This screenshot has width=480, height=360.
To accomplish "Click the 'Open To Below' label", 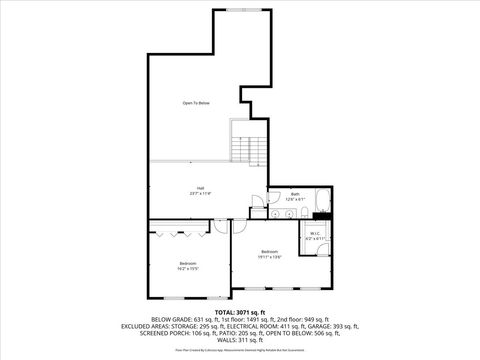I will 196,103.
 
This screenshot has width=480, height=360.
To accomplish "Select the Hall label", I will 201,188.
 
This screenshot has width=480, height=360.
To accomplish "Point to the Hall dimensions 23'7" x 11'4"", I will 201,194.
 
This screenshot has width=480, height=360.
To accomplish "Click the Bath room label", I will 295,194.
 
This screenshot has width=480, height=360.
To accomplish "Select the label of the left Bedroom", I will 188,262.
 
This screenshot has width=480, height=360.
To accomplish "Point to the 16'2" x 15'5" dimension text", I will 188,268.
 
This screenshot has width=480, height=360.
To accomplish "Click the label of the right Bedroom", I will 270,251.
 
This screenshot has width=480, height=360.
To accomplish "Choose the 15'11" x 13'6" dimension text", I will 270,257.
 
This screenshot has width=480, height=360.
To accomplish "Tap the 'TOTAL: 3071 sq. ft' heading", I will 239,312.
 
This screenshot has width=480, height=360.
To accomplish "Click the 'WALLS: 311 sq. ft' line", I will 239,340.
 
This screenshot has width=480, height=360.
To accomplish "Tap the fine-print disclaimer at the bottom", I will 239,350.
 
